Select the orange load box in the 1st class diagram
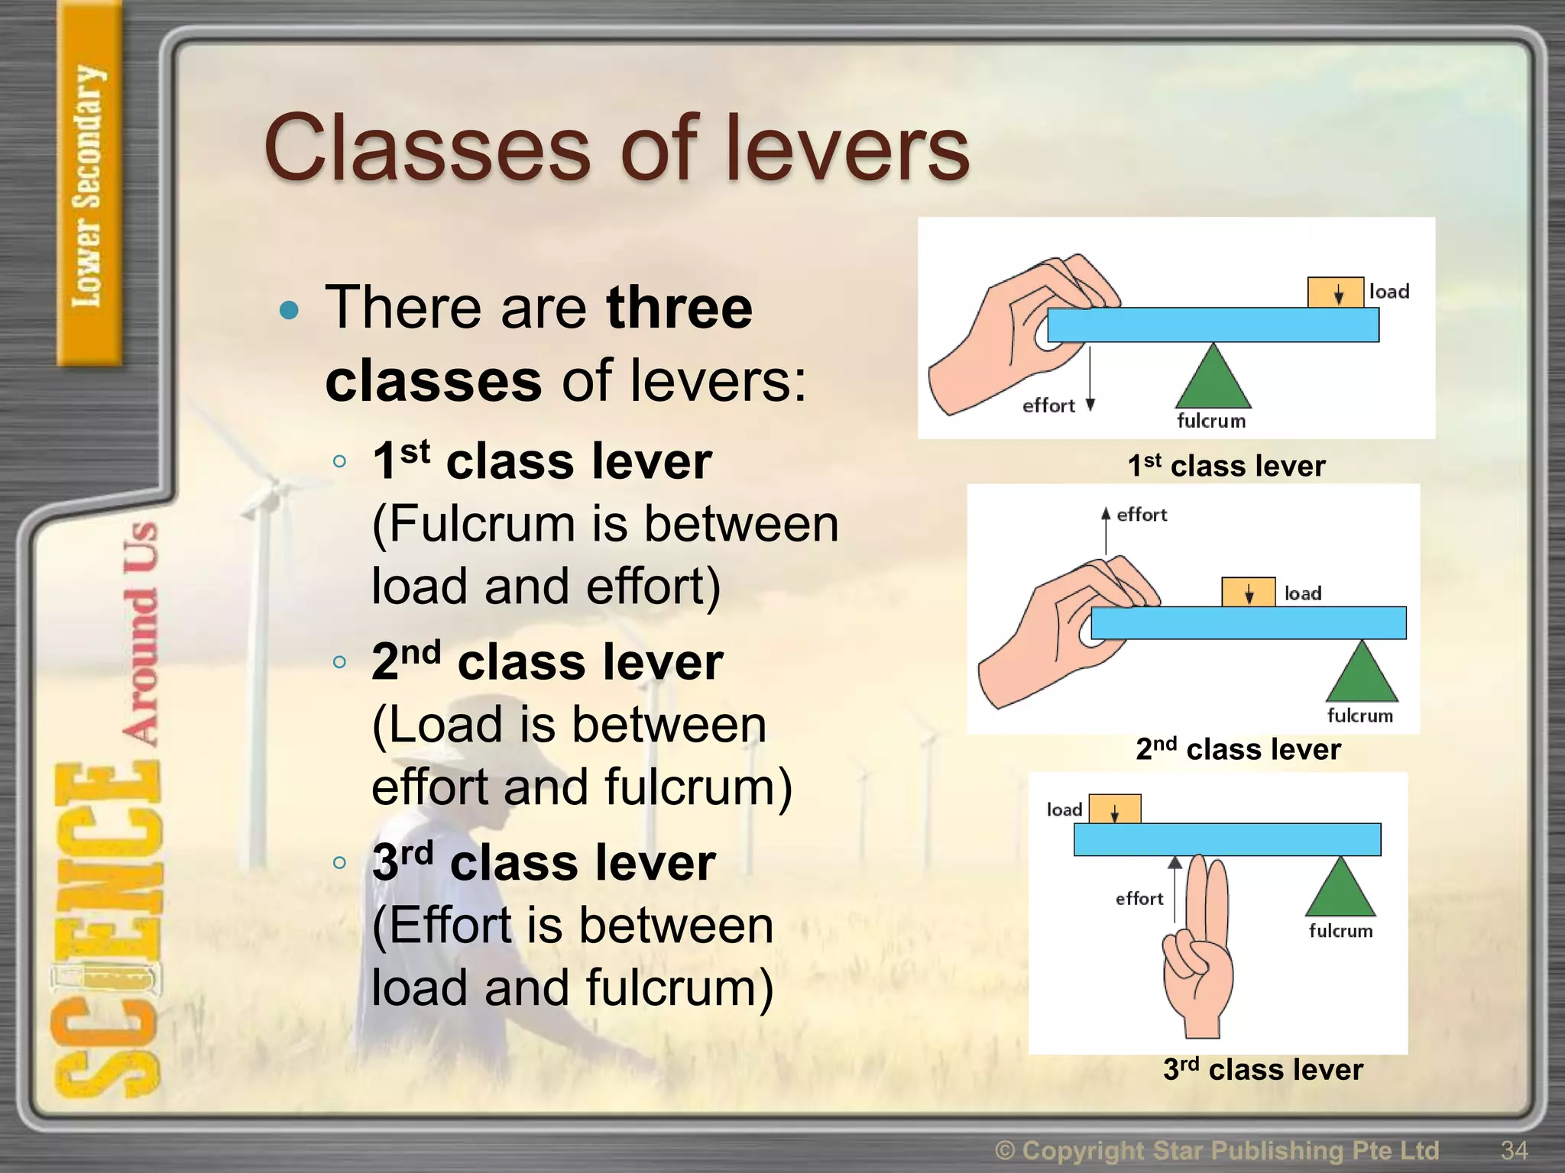click(1335, 292)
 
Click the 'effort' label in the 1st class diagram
click(1048, 406)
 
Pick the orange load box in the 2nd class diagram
click(1248, 592)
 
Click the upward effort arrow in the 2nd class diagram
click(1106, 530)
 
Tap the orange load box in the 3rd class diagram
click(1114, 809)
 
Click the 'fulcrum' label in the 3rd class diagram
click(1340, 931)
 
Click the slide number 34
click(1514, 1150)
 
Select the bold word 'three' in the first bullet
click(679, 307)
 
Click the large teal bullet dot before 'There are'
click(289, 310)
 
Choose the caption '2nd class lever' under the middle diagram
click(1238, 749)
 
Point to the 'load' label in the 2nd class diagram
click(1303, 593)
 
